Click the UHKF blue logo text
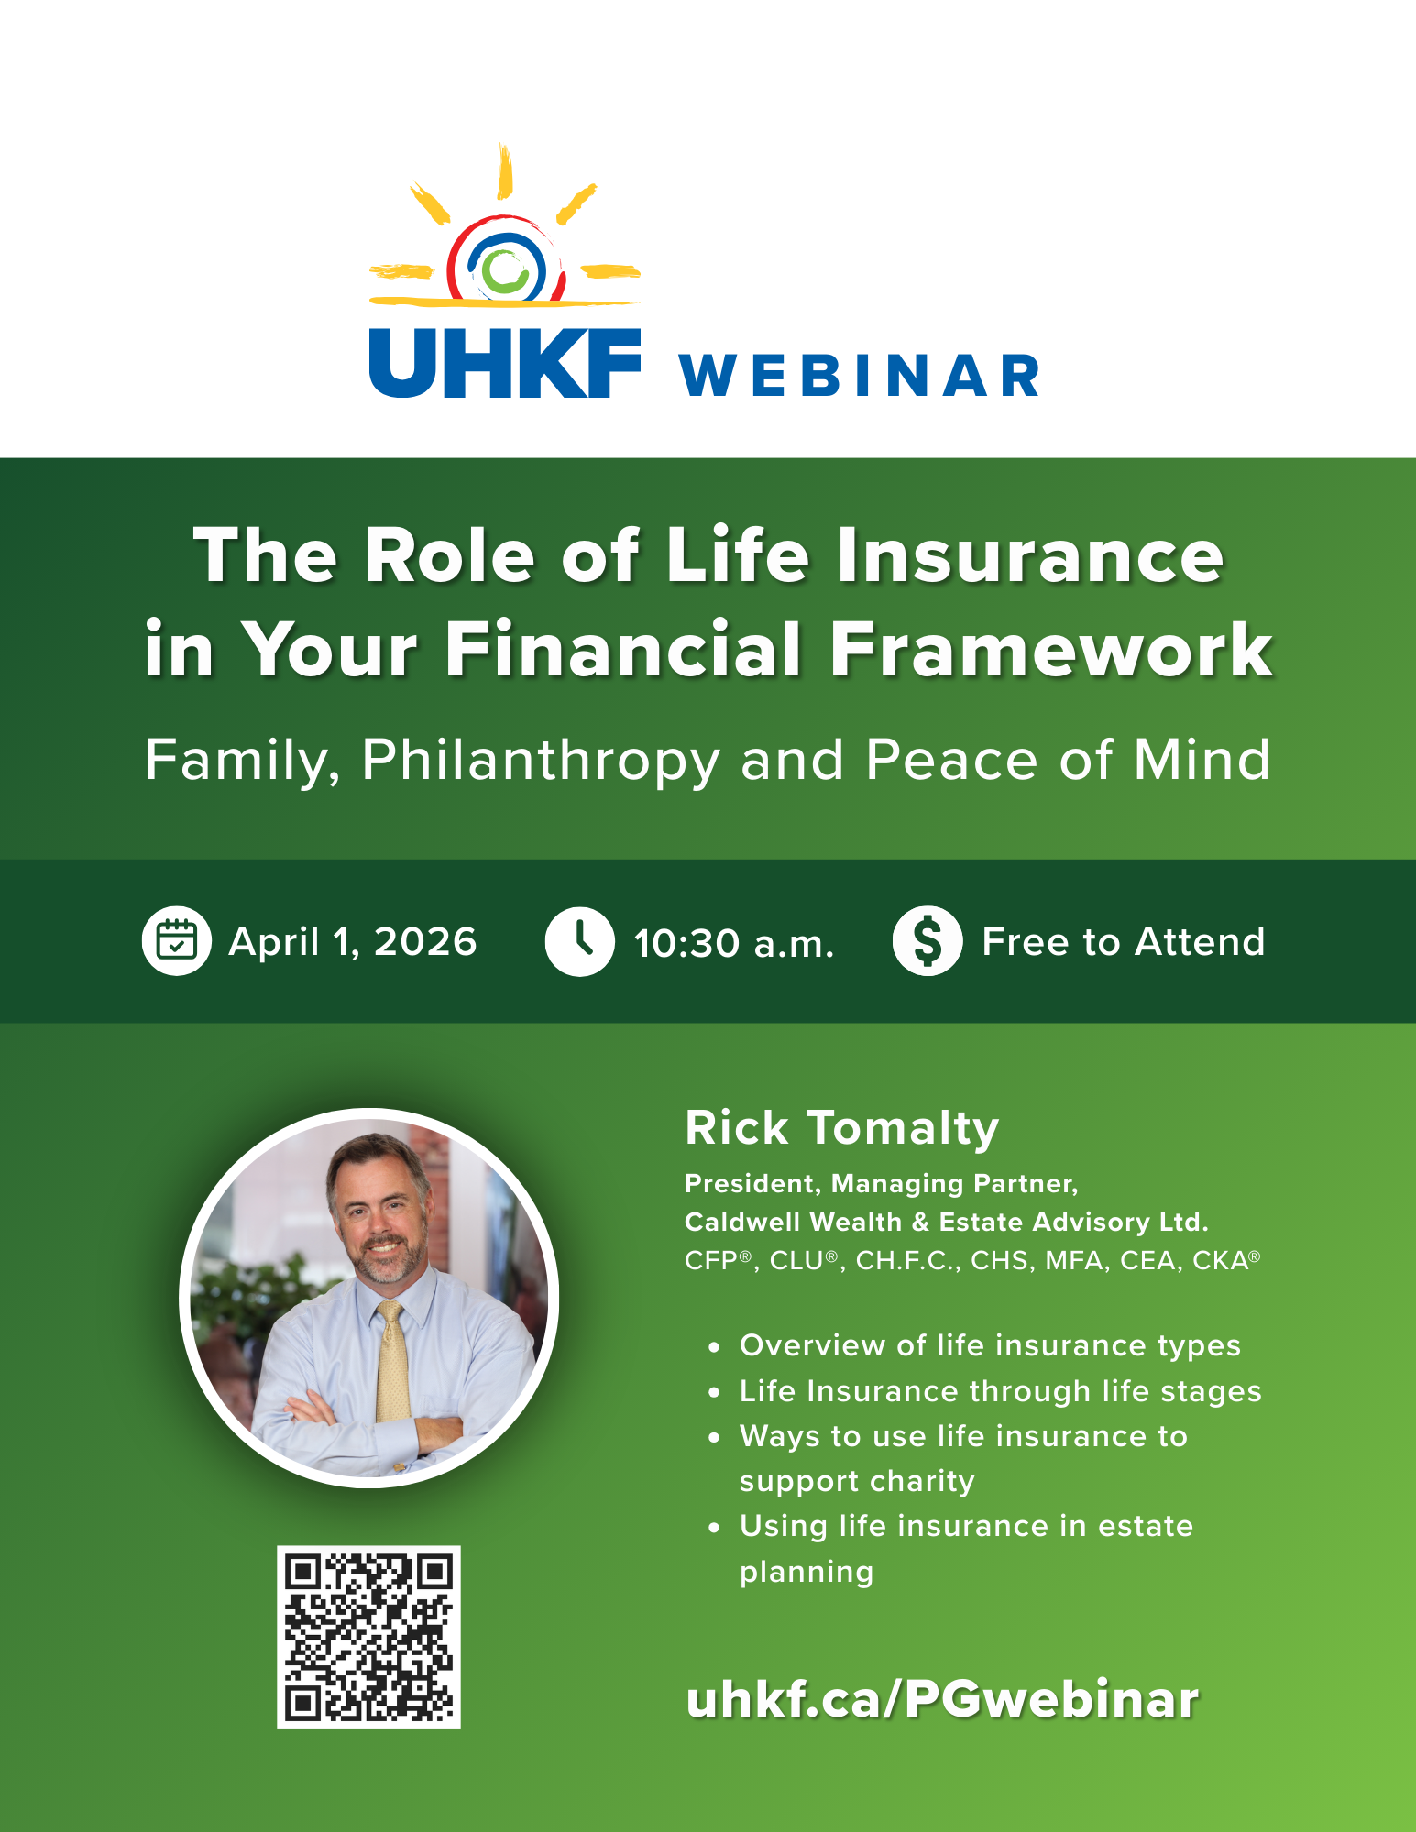click(x=504, y=363)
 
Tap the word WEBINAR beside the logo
click(x=859, y=376)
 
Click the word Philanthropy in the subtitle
click(x=541, y=760)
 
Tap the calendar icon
click(x=177, y=941)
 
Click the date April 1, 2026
click(x=353, y=942)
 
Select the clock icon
click(x=579, y=941)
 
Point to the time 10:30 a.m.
click(x=734, y=943)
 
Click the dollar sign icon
click(x=928, y=941)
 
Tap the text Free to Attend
click(x=1123, y=942)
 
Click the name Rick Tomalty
click(x=841, y=1128)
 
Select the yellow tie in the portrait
click(x=393, y=1366)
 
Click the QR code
click(x=368, y=1638)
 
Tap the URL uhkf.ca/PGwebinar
click(x=941, y=1699)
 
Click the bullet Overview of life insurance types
click(x=990, y=1345)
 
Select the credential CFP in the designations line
click(x=711, y=1261)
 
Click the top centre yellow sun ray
click(x=504, y=171)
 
